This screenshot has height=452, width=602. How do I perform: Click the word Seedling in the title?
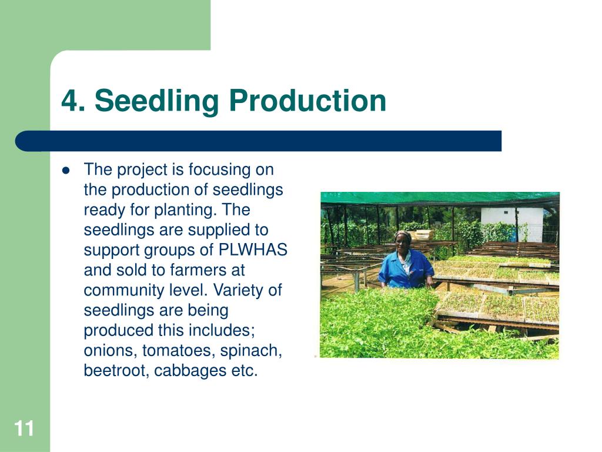pos(156,101)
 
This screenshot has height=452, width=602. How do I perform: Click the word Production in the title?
pos(307,100)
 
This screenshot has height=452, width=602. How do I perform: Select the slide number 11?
pos(24,428)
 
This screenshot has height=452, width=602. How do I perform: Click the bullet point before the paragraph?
pos(66,170)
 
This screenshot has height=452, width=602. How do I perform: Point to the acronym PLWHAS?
pos(253,250)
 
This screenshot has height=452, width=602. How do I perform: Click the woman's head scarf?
pos(403,235)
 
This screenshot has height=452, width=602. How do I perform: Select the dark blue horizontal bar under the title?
pos(258,141)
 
